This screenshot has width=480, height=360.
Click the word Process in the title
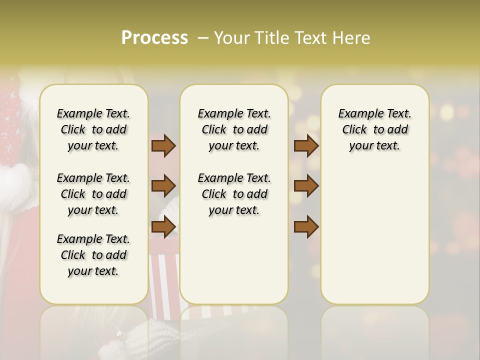(154, 38)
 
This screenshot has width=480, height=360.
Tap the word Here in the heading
(350, 38)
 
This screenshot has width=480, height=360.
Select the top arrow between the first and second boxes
(163, 146)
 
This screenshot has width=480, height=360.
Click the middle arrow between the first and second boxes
(163, 186)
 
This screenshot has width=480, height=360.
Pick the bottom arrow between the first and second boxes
(163, 227)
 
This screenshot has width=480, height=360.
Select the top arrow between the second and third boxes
(306, 146)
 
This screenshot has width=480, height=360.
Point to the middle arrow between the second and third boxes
(306, 186)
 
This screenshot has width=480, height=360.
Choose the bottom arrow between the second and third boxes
(306, 227)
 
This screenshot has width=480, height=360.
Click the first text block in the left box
(93, 129)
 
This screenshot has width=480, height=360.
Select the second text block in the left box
(93, 194)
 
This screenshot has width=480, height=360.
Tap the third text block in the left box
(93, 255)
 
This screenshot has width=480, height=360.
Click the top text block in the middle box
(234, 129)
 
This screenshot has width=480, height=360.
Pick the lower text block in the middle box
(234, 194)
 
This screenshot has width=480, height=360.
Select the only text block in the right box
(374, 129)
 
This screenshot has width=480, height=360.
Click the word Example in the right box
(356, 114)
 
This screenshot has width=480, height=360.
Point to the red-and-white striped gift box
(165, 280)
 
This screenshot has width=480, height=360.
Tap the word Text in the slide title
(310, 38)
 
